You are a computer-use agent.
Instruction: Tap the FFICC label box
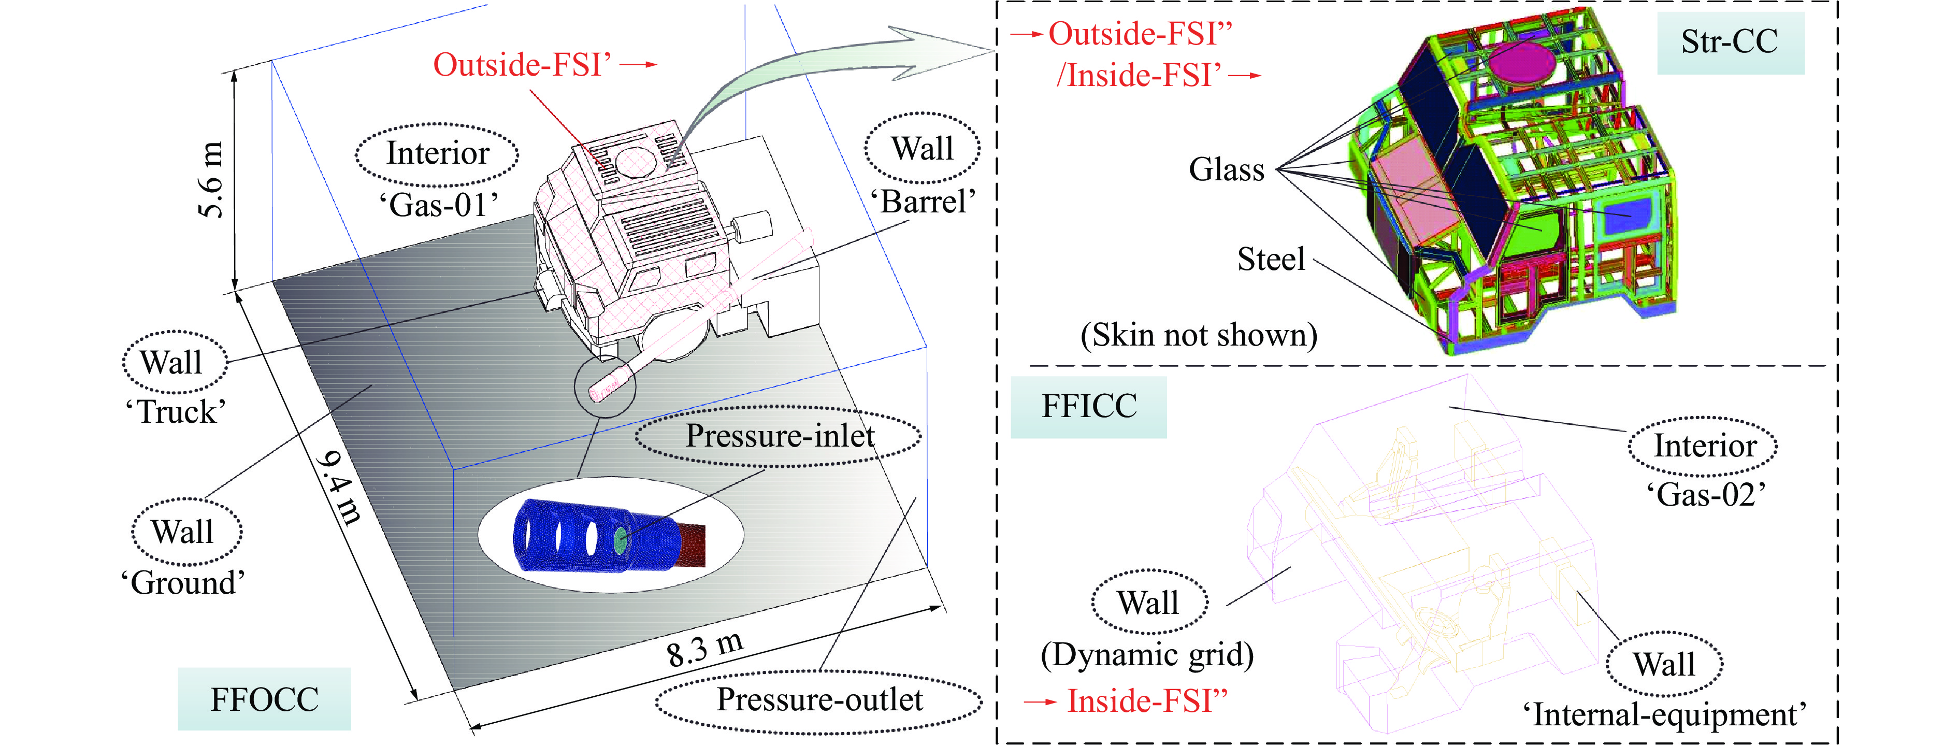(x=1088, y=407)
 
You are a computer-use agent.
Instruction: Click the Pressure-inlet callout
(x=779, y=436)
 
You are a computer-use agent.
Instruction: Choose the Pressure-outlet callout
(x=819, y=700)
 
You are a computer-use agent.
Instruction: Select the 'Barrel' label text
(x=923, y=202)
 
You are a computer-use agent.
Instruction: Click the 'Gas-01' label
(x=439, y=205)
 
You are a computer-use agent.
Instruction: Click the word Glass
(x=1226, y=169)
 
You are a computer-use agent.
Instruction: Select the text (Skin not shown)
(x=1199, y=335)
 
